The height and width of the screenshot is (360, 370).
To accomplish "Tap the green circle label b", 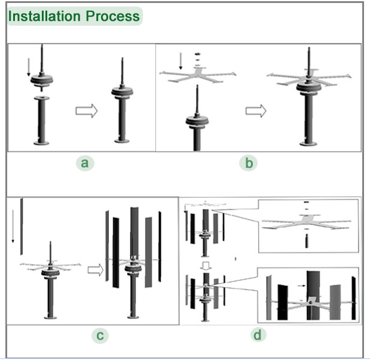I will (248, 162).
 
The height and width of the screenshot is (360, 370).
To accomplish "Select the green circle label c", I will (100, 336).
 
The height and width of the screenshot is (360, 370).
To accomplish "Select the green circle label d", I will (258, 335).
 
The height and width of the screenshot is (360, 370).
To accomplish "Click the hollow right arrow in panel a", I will (84, 110).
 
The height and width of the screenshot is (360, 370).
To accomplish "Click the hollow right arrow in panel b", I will (255, 110).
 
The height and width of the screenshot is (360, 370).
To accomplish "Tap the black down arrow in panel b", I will (180, 61).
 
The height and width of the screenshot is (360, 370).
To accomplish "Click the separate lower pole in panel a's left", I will (41, 122).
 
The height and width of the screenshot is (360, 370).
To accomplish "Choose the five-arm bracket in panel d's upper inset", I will (306, 224).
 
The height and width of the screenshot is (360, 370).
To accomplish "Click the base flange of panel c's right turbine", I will (134, 313).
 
